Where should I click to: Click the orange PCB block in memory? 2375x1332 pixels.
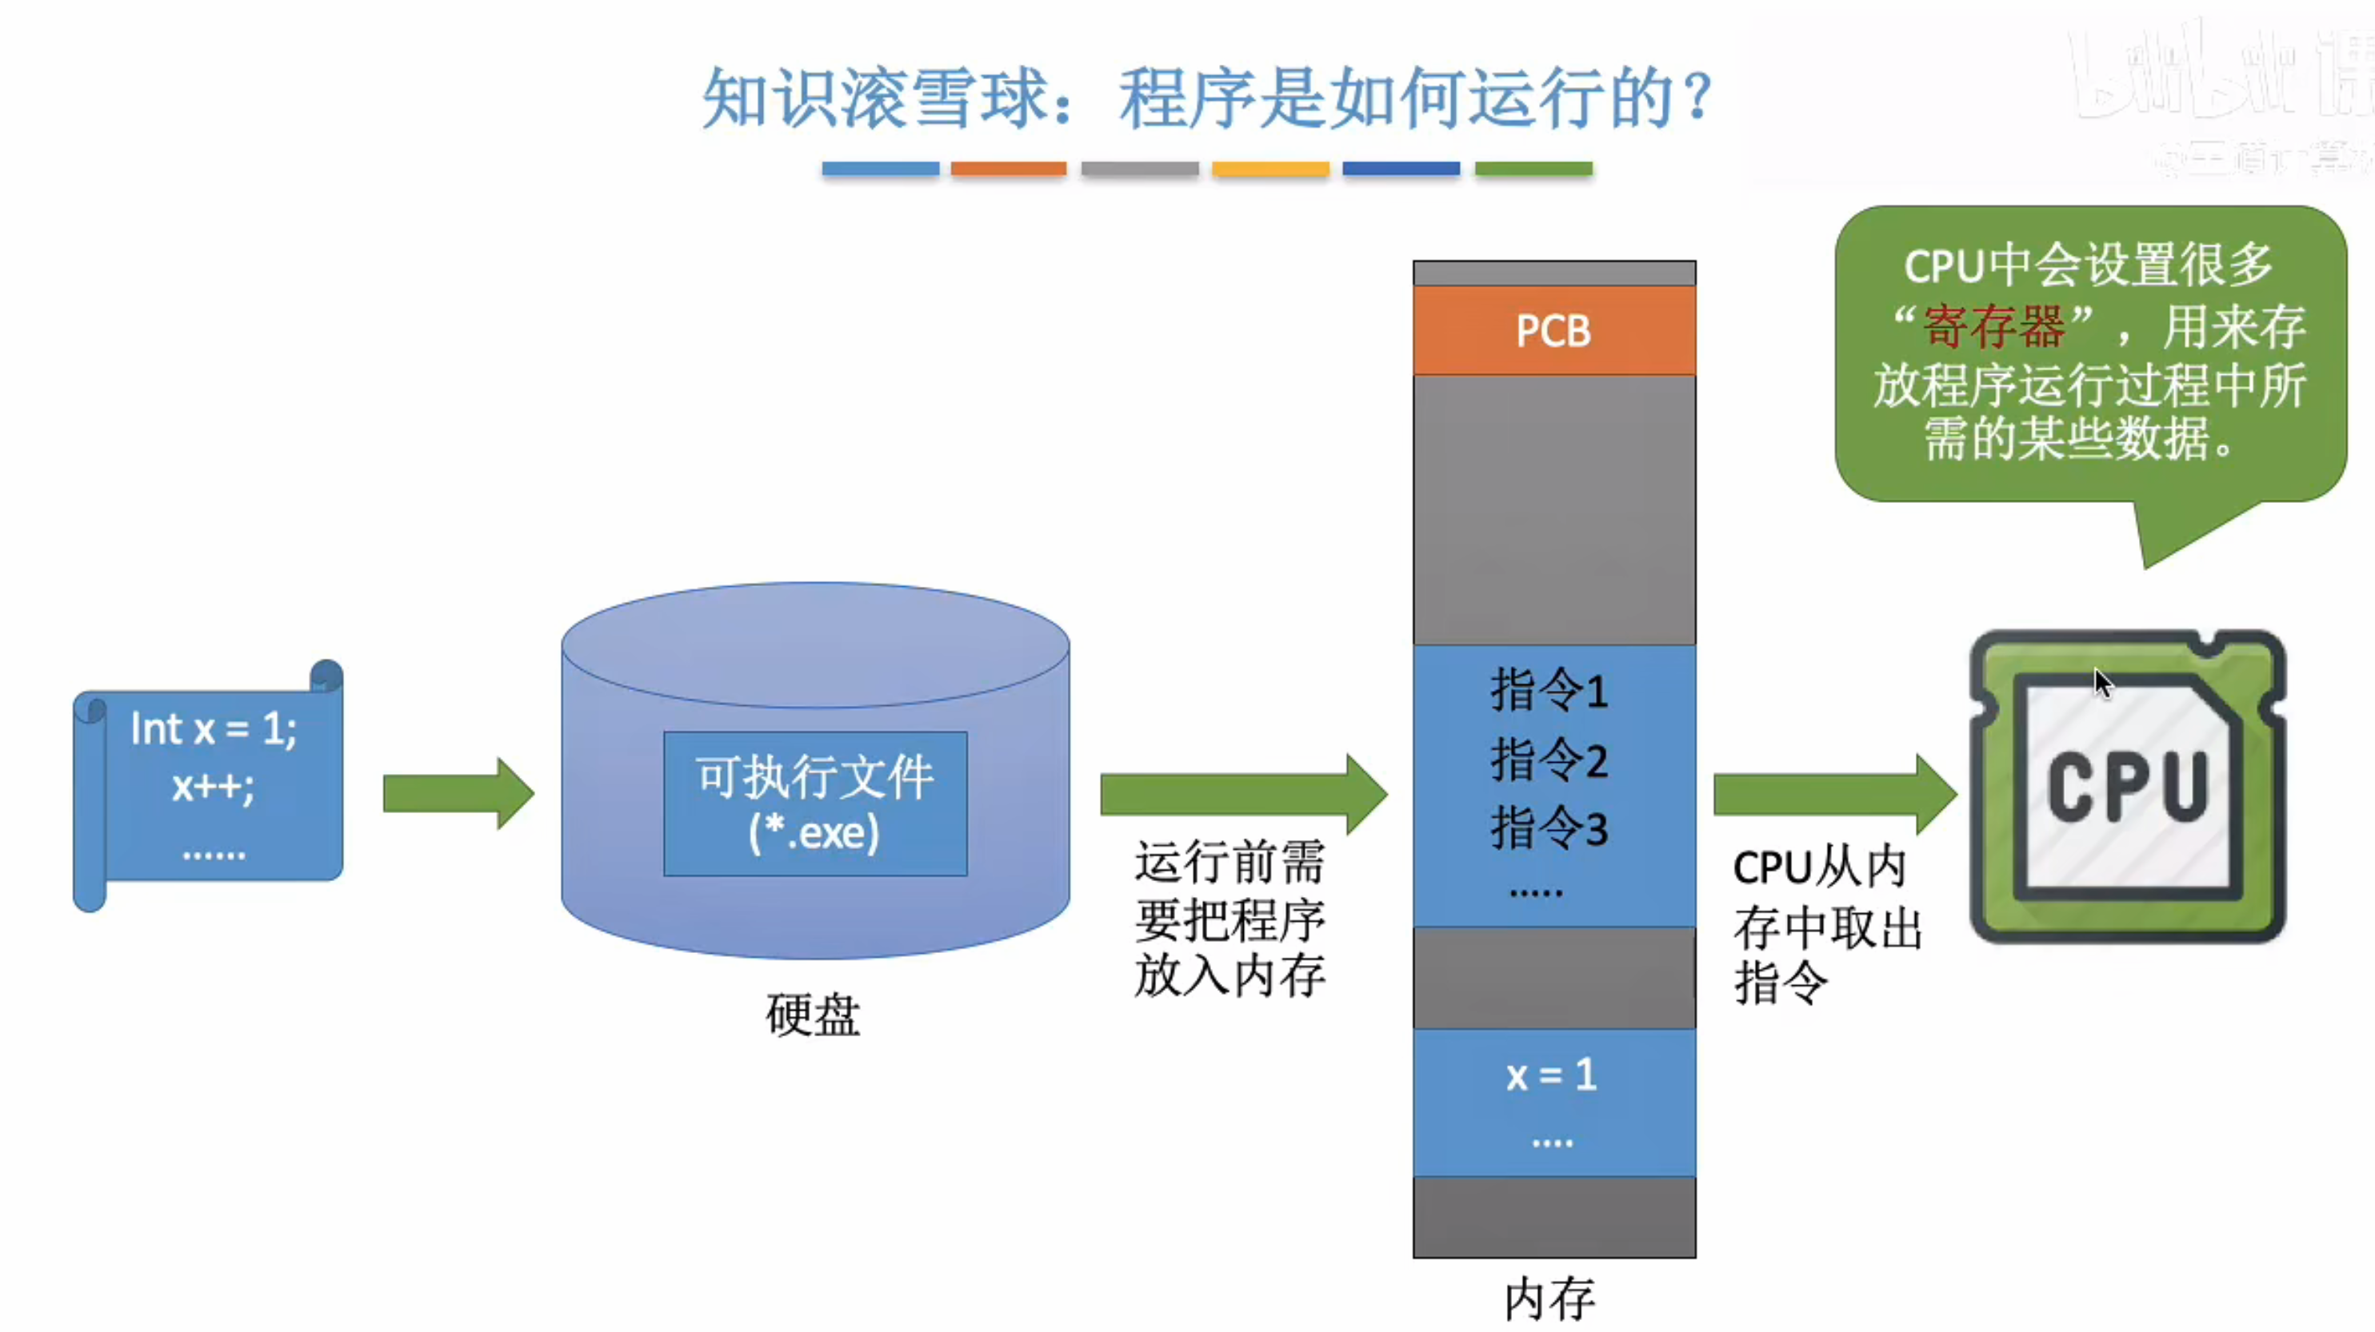point(1553,330)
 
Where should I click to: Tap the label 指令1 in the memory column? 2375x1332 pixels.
point(1549,689)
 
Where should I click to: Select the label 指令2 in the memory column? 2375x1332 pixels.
point(1549,760)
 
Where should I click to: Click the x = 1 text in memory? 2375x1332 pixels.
point(1551,1075)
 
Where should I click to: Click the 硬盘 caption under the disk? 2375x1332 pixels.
point(812,1015)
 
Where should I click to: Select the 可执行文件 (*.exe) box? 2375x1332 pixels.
point(815,803)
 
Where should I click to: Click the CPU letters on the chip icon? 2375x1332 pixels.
point(2127,786)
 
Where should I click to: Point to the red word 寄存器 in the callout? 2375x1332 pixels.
point(1993,326)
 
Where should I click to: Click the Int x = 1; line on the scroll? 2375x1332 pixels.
point(214,729)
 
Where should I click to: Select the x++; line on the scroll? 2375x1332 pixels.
point(213,786)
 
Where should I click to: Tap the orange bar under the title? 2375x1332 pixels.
point(1009,169)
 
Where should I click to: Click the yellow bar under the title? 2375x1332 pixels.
point(1270,169)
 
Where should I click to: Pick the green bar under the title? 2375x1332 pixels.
point(1533,169)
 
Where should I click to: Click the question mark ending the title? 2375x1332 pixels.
point(1696,98)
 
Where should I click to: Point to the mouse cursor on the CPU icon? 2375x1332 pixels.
point(2101,683)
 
